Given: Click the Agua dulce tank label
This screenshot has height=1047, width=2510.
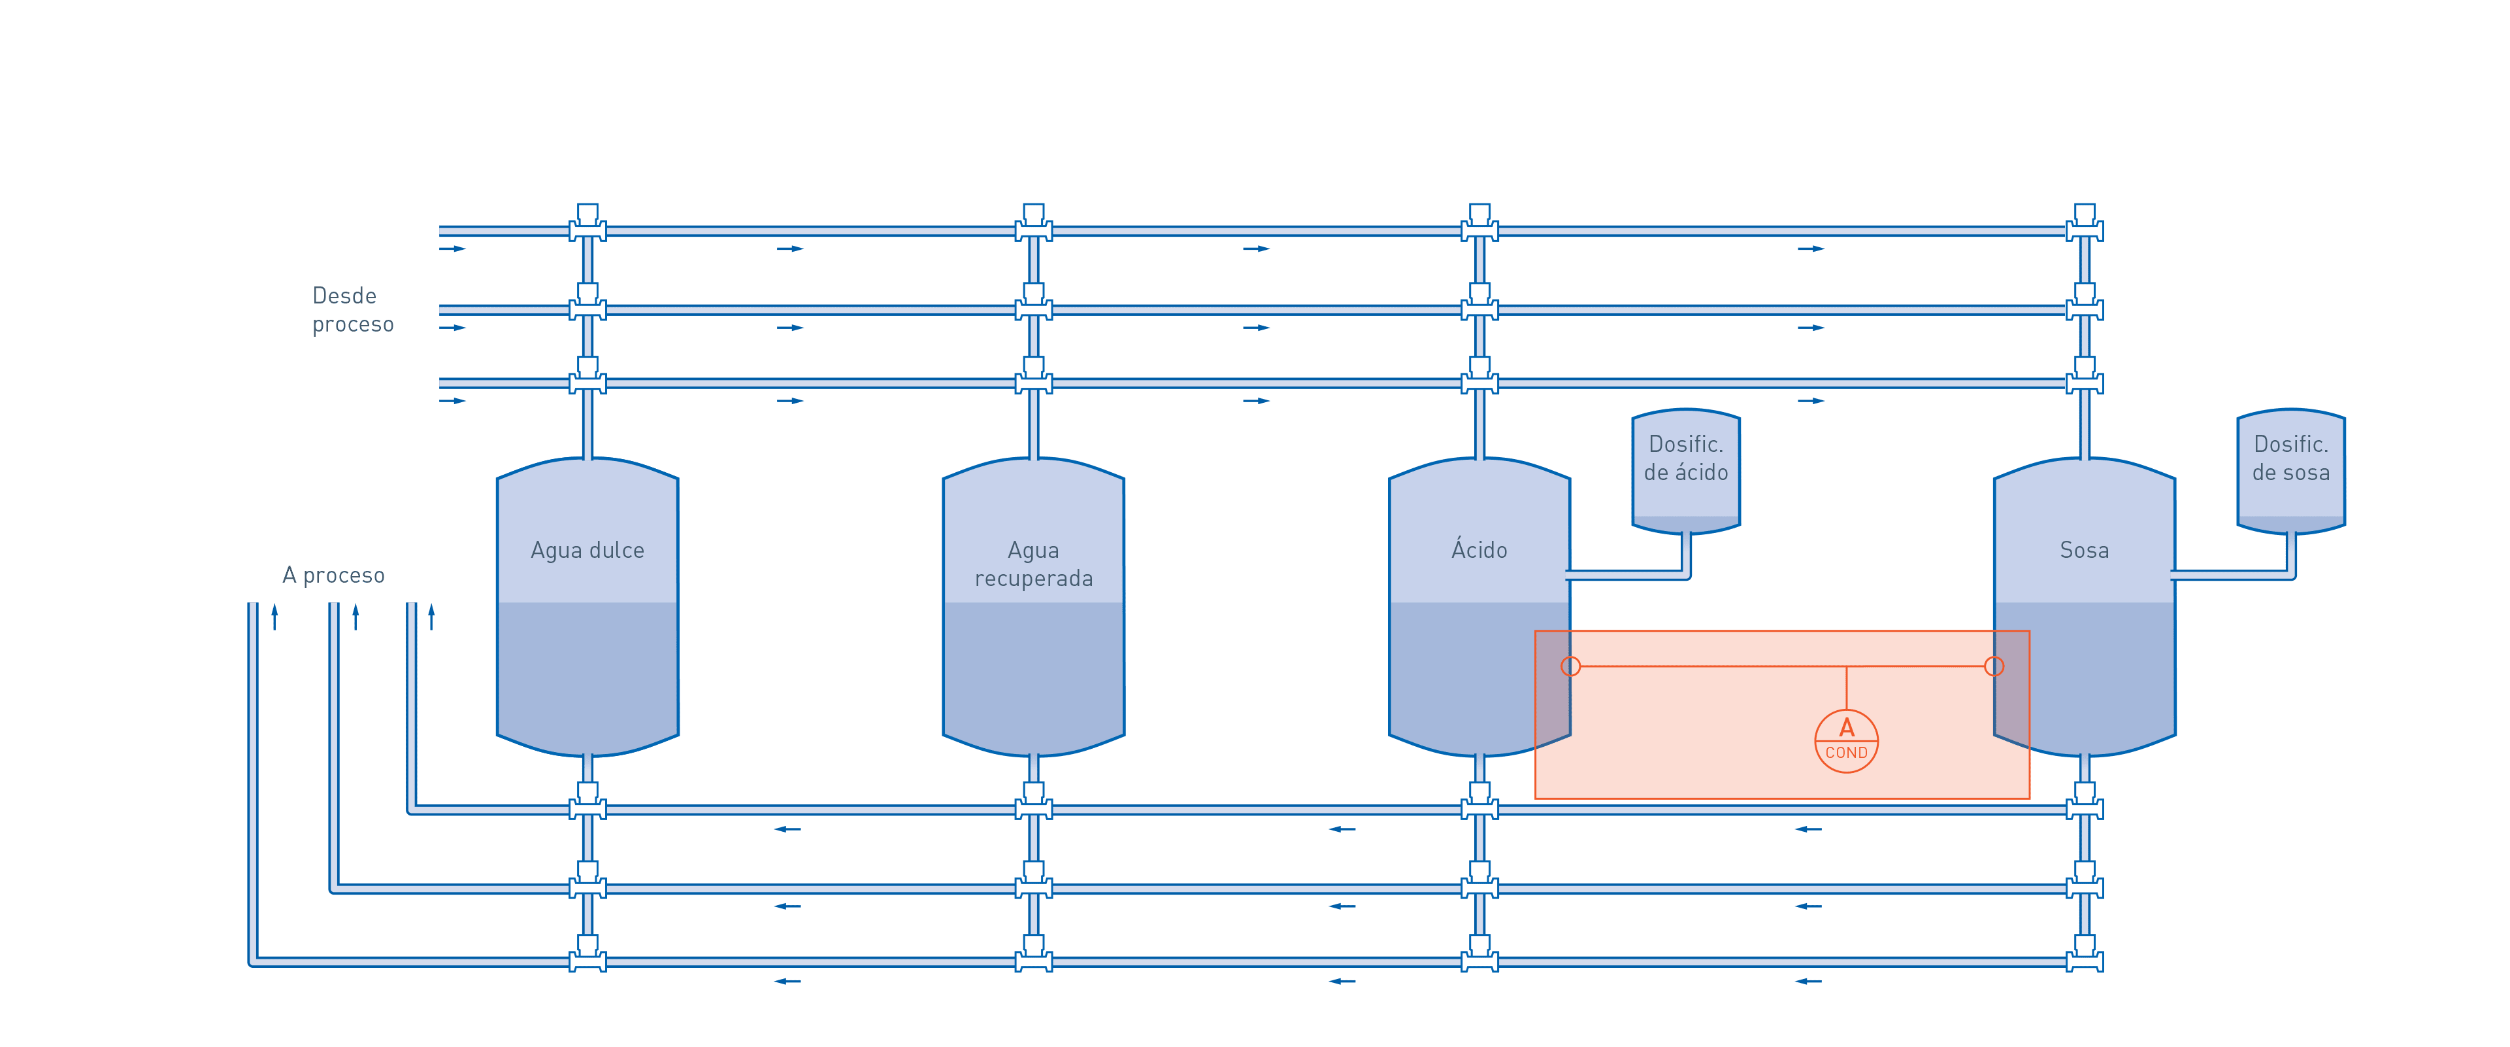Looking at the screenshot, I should (x=587, y=551).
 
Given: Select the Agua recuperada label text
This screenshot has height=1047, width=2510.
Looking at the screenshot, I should (x=1034, y=564).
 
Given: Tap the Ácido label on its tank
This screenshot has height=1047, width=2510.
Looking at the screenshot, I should (x=1479, y=551).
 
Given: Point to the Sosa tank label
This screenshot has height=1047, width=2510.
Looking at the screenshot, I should (x=2084, y=551).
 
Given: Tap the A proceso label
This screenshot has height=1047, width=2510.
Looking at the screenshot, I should (x=333, y=575).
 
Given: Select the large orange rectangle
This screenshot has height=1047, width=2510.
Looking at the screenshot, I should (x=1782, y=715).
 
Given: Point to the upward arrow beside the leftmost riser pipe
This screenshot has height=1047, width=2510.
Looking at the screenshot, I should (x=274, y=616).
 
